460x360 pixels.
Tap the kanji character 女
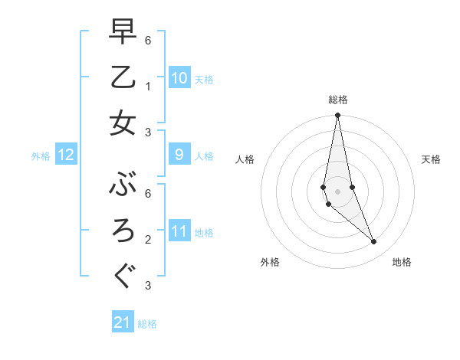pyautogui.click(x=123, y=123)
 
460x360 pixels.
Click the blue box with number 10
pyautogui.click(x=179, y=78)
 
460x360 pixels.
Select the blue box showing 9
pyautogui.click(x=179, y=155)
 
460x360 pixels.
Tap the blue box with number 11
pyautogui.click(x=179, y=231)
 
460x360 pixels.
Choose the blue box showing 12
pyautogui.click(x=66, y=155)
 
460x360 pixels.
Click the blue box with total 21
pyautogui.click(x=123, y=322)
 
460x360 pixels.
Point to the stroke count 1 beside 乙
pyautogui.click(x=148, y=87)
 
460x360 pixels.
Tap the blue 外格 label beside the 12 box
pyautogui.click(x=41, y=156)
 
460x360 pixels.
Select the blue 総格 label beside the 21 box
pyautogui.click(x=147, y=324)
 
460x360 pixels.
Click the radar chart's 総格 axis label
pyautogui.click(x=338, y=100)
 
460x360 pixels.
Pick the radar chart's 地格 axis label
pyautogui.click(x=402, y=262)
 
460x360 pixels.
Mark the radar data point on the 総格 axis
pyautogui.click(x=337, y=116)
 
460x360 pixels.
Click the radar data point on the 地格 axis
pyautogui.click(x=374, y=242)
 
